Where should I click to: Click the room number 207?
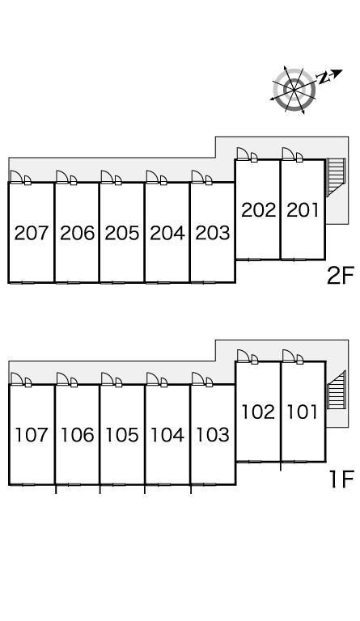click(x=32, y=233)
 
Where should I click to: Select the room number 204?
click(x=167, y=233)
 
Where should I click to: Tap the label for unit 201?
click(x=303, y=210)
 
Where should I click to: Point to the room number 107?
click(x=32, y=435)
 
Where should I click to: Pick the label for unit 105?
click(x=122, y=435)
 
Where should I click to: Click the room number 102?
click(x=258, y=412)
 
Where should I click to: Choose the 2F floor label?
click(x=340, y=275)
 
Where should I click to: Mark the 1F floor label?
click(x=341, y=479)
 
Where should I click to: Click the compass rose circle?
click(x=294, y=90)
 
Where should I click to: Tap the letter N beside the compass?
click(x=324, y=78)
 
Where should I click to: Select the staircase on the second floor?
click(x=336, y=177)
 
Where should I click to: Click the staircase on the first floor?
click(x=337, y=390)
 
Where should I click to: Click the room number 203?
click(x=213, y=233)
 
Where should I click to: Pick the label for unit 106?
click(x=77, y=435)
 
